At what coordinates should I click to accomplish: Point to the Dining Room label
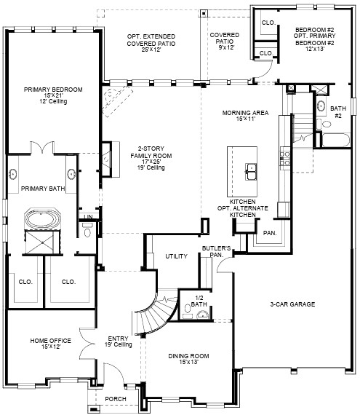click(x=189, y=357)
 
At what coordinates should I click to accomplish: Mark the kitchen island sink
click(x=250, y=171)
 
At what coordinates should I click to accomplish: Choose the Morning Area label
click(x=246, y=116)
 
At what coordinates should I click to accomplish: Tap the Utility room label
click(x=176, y=256)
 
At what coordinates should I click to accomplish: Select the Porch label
click(x=115, y=399)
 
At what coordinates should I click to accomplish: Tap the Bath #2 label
click(x=337, y=111)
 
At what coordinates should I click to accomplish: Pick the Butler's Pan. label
click(x=216, y=252)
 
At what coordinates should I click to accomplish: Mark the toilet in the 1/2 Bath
click(x=187, y=314)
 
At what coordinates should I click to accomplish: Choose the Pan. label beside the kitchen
click(x=270, y=233)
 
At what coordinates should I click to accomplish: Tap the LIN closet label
click(x=87, y=217)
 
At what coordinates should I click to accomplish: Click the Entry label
click(x=119, y=341)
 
